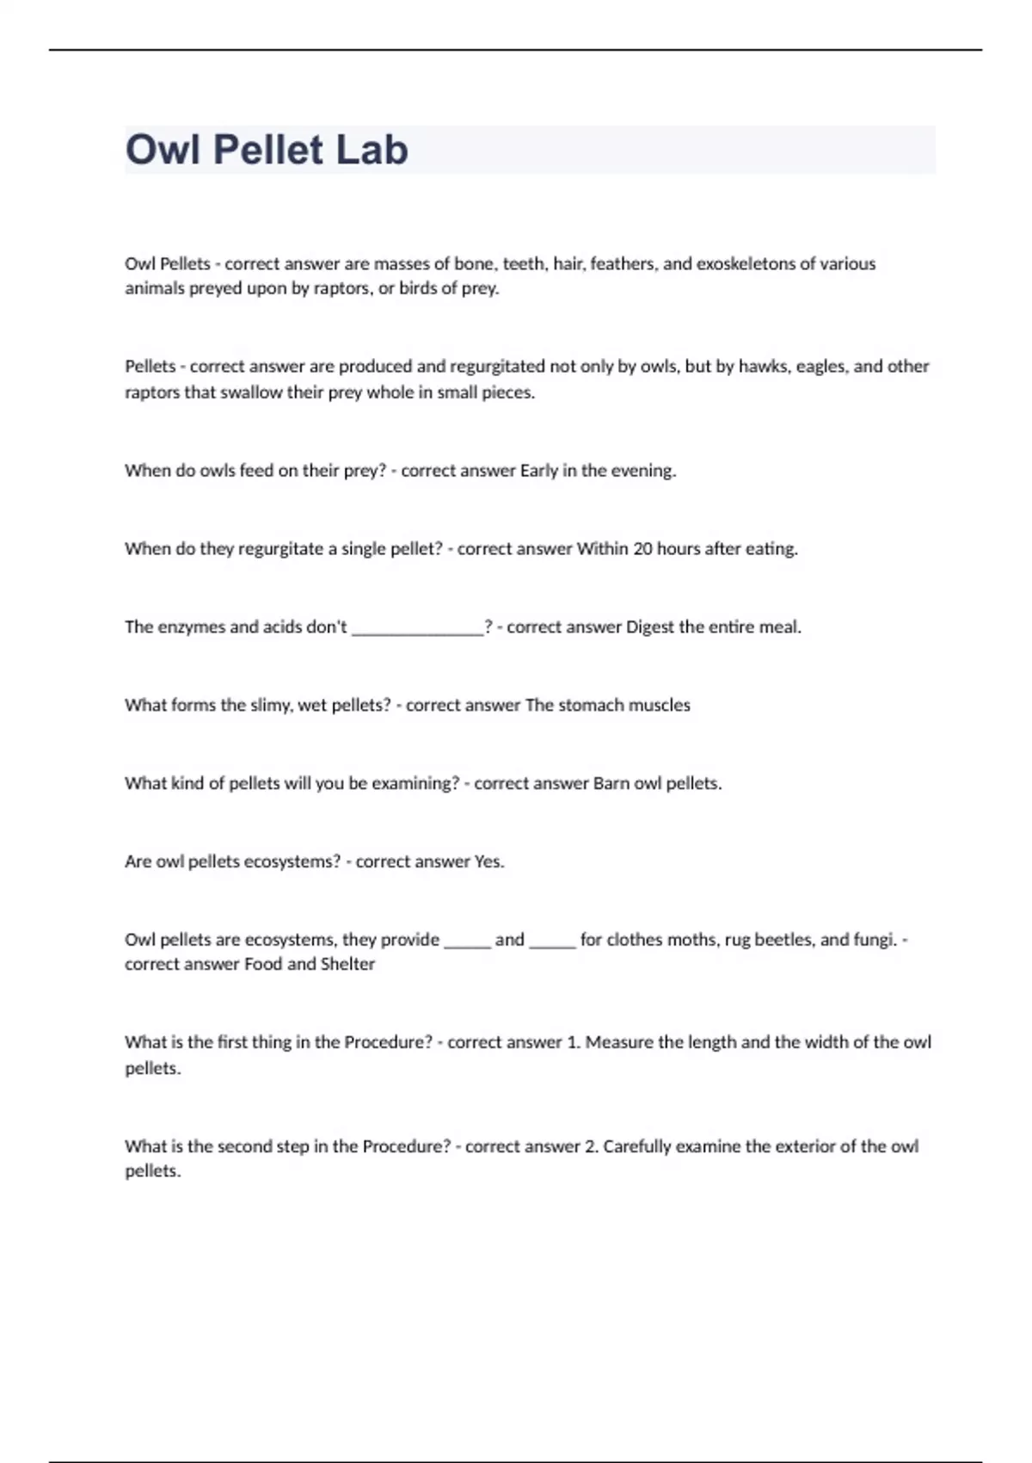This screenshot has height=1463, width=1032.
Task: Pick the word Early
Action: (x=539, y=471)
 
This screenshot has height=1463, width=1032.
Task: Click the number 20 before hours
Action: (x=642, y=548)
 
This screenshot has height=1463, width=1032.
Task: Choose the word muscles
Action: (x=659, y=705)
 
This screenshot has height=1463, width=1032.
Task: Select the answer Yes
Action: (x=488, y=861)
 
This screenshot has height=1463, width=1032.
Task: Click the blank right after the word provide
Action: (x=467, y=942)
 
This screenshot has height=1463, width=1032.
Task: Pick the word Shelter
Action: (x=347, y=964)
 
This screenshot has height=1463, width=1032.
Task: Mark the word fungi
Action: (x=872, y=940)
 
